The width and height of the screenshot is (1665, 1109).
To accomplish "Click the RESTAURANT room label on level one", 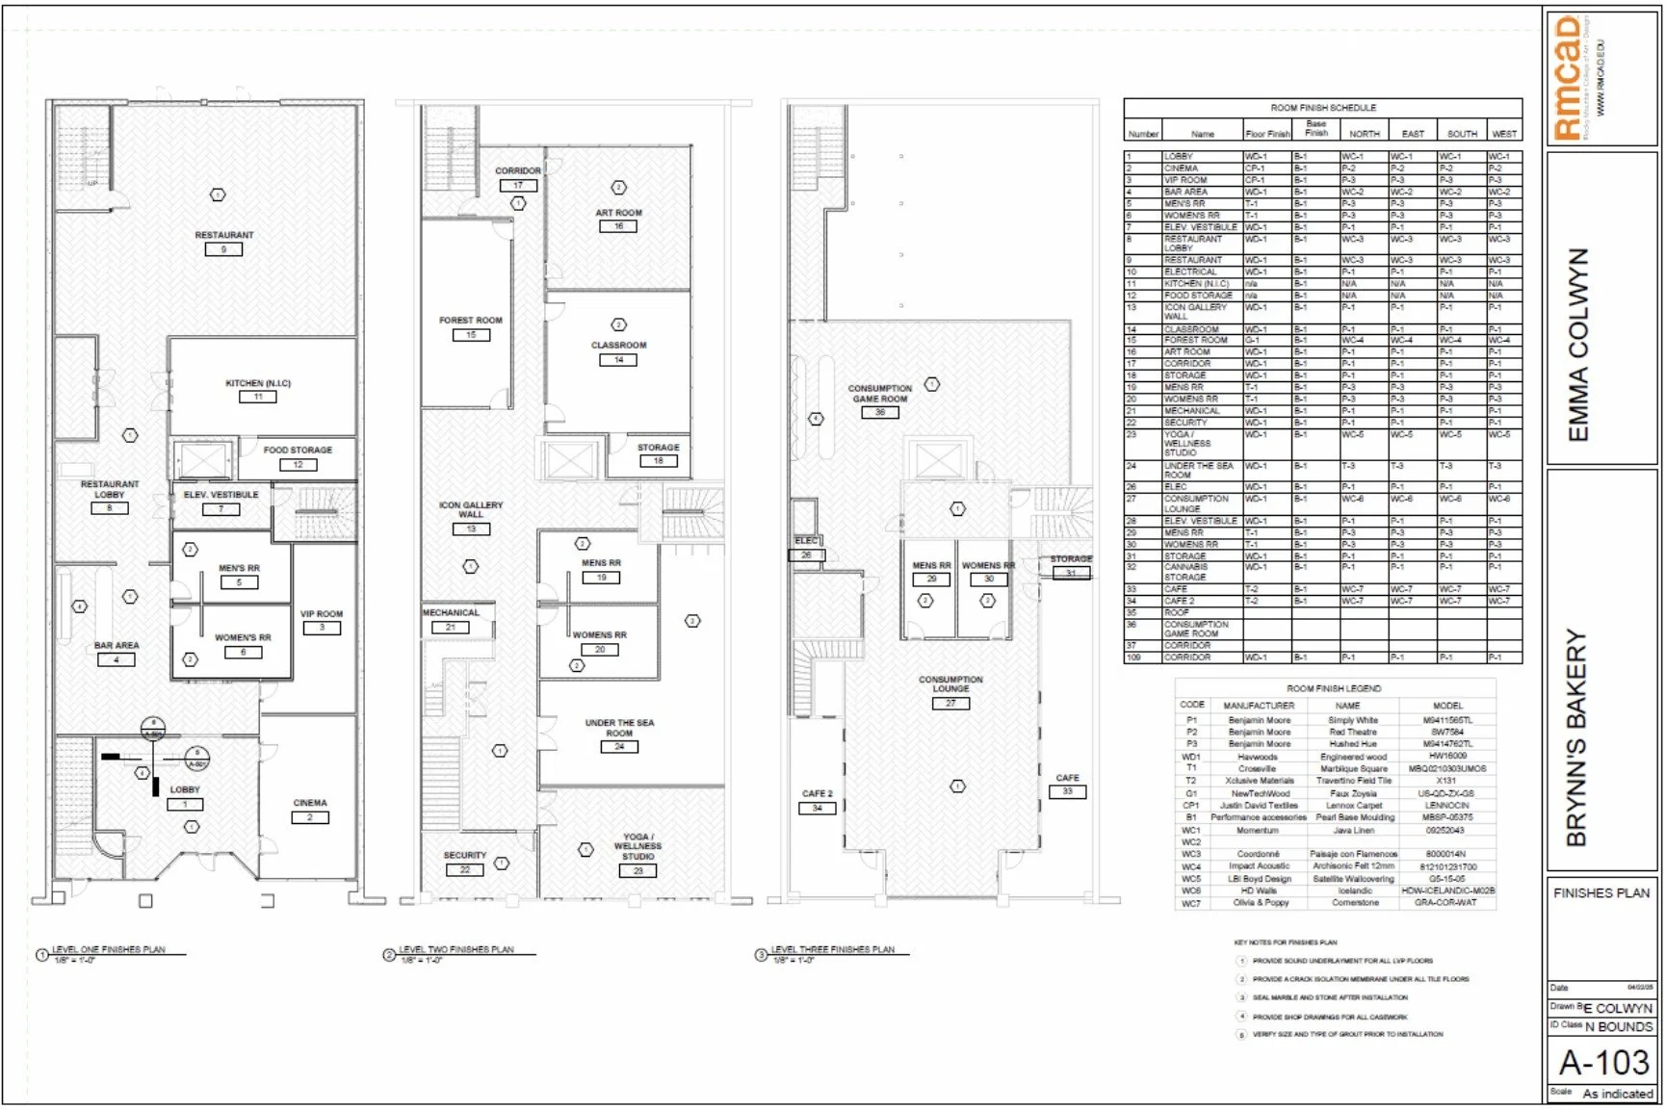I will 224,235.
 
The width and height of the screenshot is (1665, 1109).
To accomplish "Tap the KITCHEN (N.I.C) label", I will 258,383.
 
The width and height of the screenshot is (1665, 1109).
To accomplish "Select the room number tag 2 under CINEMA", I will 310,817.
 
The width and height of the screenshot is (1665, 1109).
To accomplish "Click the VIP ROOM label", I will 322,613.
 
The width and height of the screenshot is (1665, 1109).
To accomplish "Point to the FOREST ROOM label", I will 471,321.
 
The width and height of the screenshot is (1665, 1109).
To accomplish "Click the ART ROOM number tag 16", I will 618,226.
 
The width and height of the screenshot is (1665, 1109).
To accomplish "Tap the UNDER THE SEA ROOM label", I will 619,728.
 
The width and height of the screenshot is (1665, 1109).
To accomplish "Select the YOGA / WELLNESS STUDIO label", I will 637,846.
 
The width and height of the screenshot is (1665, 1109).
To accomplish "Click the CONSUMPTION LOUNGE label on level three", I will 950,683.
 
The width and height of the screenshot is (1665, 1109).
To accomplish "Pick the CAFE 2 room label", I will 817,793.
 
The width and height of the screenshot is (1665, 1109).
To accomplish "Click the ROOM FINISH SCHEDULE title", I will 1323,108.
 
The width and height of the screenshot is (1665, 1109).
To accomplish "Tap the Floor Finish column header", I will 1267,134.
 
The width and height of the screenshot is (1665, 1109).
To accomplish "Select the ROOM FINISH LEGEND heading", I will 1334,688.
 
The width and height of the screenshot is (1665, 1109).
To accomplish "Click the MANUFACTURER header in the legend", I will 1259,705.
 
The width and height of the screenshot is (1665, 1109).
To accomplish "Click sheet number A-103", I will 1603,1063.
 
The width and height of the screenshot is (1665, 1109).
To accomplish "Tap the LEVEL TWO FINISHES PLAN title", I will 456,949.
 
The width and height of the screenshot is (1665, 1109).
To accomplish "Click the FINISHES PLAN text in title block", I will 1601,892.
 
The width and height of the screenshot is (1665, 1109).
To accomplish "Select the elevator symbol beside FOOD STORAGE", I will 203,460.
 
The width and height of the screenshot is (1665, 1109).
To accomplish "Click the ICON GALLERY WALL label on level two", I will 471,509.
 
